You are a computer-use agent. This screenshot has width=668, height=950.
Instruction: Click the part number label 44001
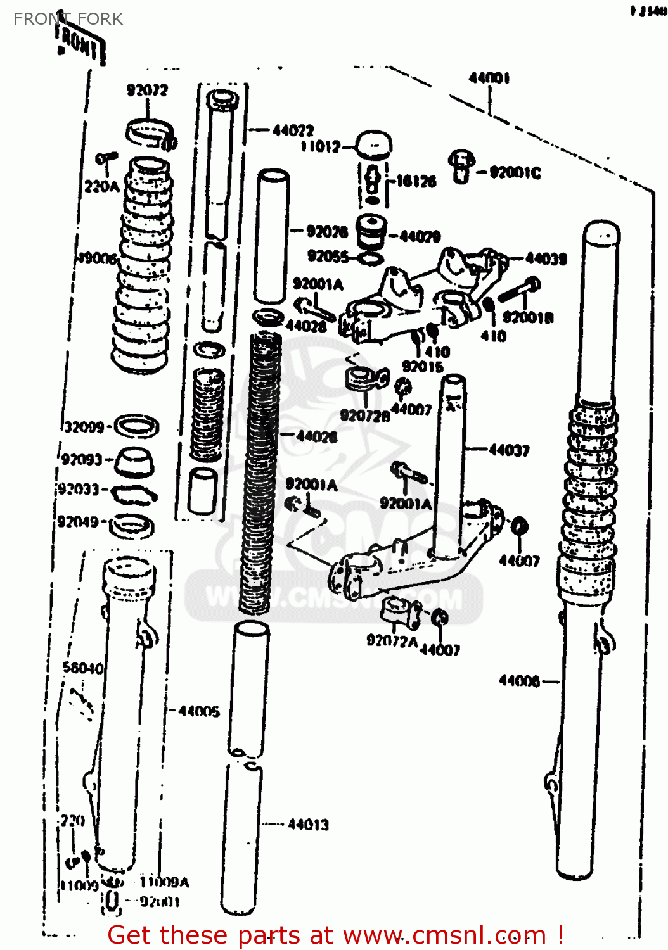[489, 78]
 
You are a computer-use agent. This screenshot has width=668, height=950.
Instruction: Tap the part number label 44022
[293, 130]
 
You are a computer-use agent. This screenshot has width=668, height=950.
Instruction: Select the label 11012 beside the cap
[320, 147]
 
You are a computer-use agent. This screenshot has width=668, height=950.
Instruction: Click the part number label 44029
[420, 237]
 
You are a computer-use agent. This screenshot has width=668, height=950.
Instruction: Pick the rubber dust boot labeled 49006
[142, 266]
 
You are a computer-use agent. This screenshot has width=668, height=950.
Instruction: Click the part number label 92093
[82, 459]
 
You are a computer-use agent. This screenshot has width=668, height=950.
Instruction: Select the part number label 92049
[78, 521]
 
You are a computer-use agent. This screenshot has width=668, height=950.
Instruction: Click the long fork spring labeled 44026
[260, 469]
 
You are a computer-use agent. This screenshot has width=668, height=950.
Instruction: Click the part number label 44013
[308, 825]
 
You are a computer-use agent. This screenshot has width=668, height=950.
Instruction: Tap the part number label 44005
[199, 711]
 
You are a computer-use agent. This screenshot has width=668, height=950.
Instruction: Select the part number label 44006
[519, 681]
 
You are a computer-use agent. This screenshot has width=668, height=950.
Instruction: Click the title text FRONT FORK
[68, 19]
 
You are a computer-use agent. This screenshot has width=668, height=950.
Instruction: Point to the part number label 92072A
[392, 641]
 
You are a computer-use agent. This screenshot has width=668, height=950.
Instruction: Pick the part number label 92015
[422, 366]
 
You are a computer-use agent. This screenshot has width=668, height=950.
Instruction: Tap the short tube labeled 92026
[272, 236]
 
